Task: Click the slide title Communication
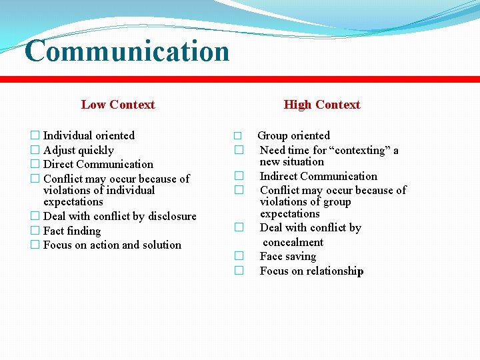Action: (x=127, y=51)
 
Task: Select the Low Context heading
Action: (x=118, y=105)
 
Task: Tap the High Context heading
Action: (x=321, y=105)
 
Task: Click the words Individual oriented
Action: (x=89, y=135)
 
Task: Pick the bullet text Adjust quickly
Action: (x=78, y=150)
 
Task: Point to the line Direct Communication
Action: (x=98, y=164)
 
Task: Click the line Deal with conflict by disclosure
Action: (x=119, y=216)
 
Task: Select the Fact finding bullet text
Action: (x=72, y=231)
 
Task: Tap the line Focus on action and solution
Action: (x=112, y=245)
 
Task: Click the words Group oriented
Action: (x=293, y=135)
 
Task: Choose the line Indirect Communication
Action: (x=318, y=176)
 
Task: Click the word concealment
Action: (x=293, y=242)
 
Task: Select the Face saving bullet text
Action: (x=288, y=256)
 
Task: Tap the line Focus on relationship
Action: (x=311, y=271)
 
